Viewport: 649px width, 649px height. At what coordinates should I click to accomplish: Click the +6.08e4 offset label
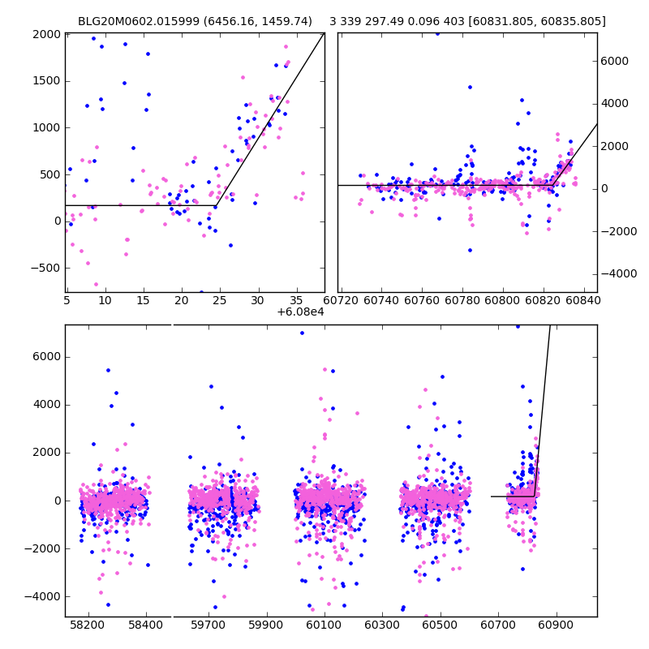click(x=301, y=312)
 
